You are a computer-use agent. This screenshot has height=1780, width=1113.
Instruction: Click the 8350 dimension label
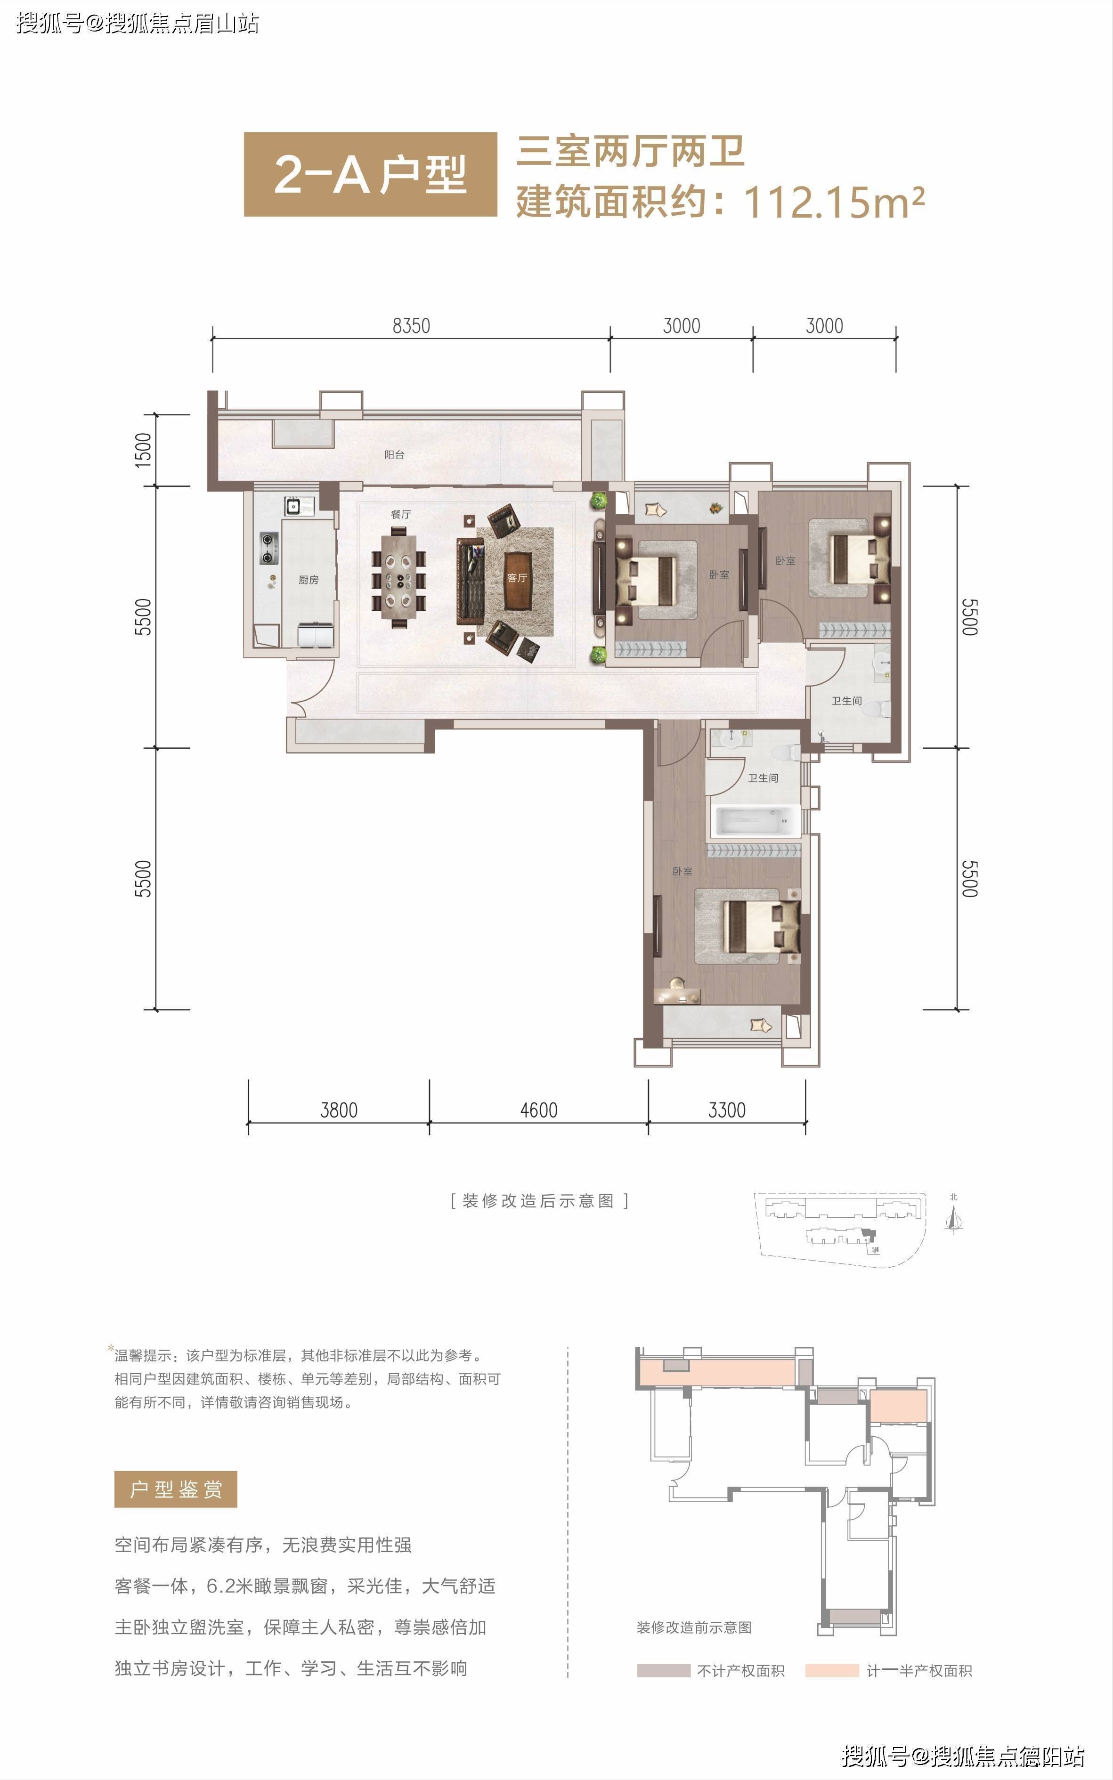pos(411,325)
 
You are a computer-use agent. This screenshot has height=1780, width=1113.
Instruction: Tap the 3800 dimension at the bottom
pos(339,1109)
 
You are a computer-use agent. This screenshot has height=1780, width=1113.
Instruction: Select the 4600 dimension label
pos(539,1109)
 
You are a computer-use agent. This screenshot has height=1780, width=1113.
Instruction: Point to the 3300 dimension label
pos(727,1109)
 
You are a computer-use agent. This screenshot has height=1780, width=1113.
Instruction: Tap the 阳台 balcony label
pos(395,455)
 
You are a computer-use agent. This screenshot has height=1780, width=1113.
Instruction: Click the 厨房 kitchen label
pos(309,580)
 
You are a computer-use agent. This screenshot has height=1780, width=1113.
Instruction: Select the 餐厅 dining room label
pos(400,514)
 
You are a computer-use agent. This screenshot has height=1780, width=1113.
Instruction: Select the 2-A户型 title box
pos(370,174)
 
